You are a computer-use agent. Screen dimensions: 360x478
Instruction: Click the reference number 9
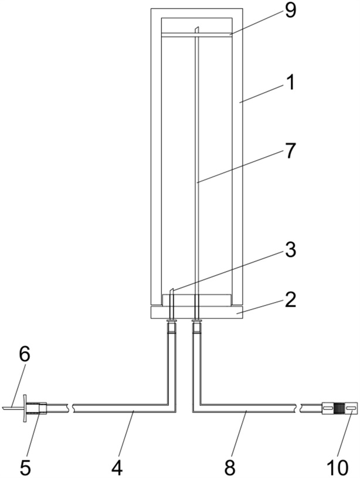[x=290, y=12]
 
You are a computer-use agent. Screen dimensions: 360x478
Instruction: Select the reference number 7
[x=290, y=151]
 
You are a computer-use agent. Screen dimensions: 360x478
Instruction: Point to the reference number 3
[x=290, y=250]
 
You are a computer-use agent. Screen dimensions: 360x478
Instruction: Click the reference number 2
[x=290, y=300]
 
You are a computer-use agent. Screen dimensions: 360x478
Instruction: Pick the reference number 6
[x=25, y=355]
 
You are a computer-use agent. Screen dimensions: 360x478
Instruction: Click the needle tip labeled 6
[x=2, y=407]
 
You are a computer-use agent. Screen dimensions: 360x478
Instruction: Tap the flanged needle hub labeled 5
[x=35, y=408]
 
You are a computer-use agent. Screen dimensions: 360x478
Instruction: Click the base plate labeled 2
[x=196, y=313]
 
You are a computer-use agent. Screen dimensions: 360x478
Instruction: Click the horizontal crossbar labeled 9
[x=196, y=35]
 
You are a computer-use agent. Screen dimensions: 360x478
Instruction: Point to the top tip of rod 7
[x=198, y=27]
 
